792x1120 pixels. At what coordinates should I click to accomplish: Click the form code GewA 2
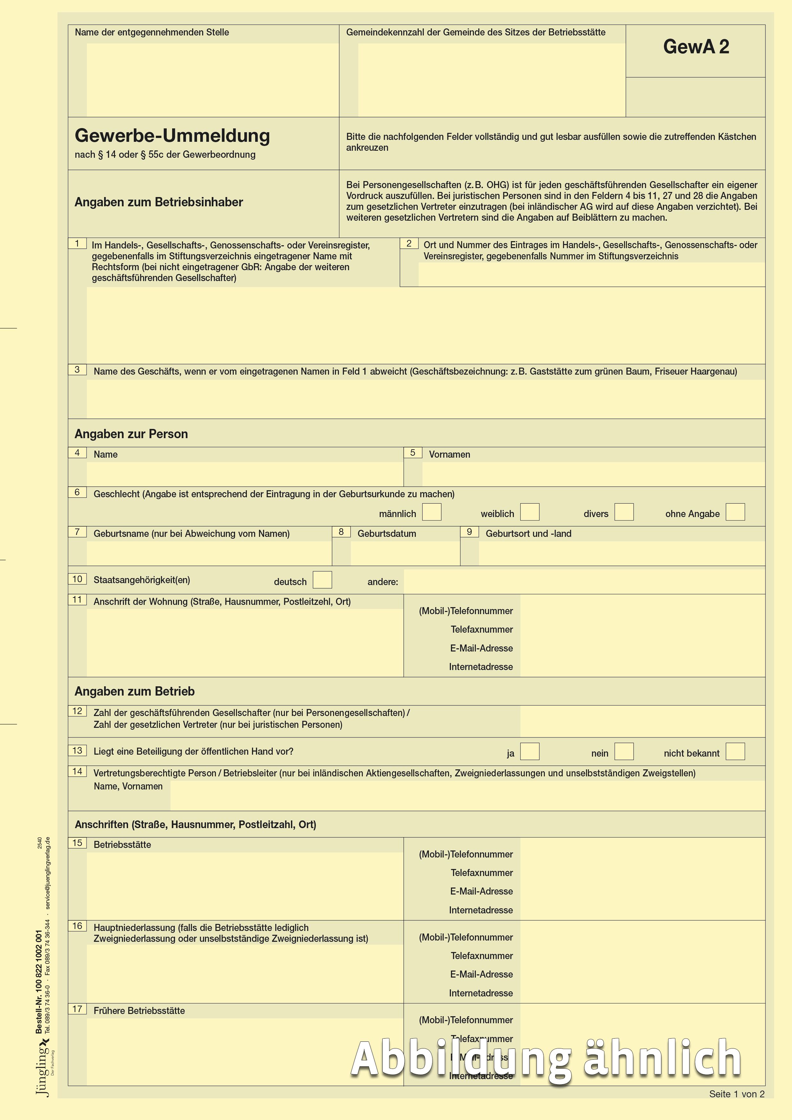(696, 47)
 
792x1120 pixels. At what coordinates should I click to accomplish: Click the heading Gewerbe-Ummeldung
(172, 136)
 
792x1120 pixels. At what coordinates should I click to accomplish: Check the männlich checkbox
(431, 512)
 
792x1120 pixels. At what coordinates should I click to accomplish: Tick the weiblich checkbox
(529, 512)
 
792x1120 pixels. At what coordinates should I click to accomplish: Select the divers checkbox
(624, 512)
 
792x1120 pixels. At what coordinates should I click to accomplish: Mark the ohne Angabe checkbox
(735, 512)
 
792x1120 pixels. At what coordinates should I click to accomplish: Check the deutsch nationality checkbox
(322, 580)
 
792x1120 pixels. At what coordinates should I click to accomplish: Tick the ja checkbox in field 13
(529, 751)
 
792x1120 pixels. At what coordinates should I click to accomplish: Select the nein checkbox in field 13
(624, 751)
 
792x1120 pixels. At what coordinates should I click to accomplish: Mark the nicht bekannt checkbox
(735, 751)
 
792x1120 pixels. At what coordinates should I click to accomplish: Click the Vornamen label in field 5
(449, 454)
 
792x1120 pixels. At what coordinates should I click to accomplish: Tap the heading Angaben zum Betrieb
(134, 691)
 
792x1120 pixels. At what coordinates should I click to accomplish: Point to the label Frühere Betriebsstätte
(139, 1011)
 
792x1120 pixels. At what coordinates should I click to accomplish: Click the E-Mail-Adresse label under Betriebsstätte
(481, 891)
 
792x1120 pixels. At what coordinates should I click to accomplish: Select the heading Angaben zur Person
(131, 434)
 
